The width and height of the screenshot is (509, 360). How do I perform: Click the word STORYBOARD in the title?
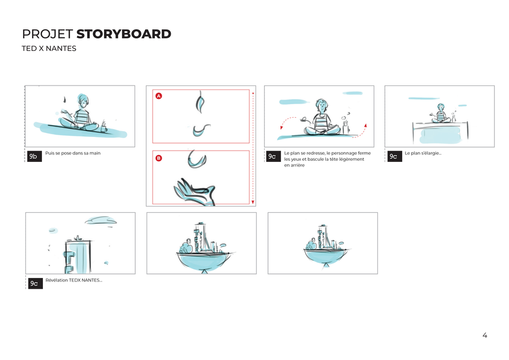tap(124, 34)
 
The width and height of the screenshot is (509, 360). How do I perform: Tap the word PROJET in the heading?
tap(48, 34)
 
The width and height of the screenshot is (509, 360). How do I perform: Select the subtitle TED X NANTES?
tap(49, 49)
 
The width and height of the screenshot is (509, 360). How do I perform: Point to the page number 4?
tap(485, 335)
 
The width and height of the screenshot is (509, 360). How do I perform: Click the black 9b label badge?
tap(34, 156)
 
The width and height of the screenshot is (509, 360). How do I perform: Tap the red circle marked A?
tap(159, 96)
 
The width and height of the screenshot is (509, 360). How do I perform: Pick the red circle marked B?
tap(159, 158)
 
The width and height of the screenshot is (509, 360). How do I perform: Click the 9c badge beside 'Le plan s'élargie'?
tap(394, 156)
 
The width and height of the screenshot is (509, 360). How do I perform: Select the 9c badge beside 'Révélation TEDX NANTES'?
tap(36, 284)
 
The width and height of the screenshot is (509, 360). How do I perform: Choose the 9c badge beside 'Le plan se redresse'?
tap(273, 156)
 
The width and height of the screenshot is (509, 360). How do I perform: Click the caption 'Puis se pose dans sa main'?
tap(73, 153)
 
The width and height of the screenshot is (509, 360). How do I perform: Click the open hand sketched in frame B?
tap(195, 192)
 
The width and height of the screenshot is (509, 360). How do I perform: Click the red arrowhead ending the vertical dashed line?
tap(253, 202)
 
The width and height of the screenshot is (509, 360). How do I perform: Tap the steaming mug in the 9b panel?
tap(103, 127)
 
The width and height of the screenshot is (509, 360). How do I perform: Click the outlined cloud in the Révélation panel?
tap(101, 221)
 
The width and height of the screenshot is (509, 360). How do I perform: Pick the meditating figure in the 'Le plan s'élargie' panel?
tap(440, 113)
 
